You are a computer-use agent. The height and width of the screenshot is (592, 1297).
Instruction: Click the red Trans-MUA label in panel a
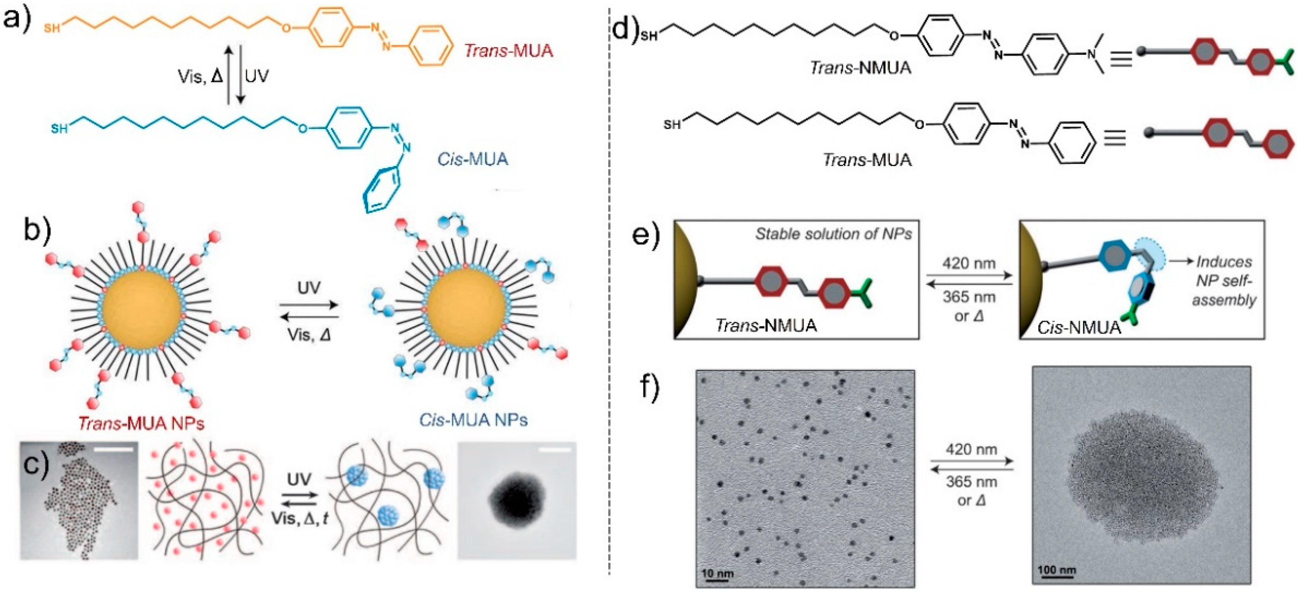508,50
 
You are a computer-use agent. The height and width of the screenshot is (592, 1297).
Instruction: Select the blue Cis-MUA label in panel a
472,159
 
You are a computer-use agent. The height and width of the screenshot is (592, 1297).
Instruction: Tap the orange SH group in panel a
52,28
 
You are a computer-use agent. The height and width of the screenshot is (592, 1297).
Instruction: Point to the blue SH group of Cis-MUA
59,129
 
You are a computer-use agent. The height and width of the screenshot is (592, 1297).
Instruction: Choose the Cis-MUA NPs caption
473,419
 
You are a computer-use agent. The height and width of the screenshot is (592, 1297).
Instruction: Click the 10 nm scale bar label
717,573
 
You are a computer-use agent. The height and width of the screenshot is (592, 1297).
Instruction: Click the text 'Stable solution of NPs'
833,234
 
